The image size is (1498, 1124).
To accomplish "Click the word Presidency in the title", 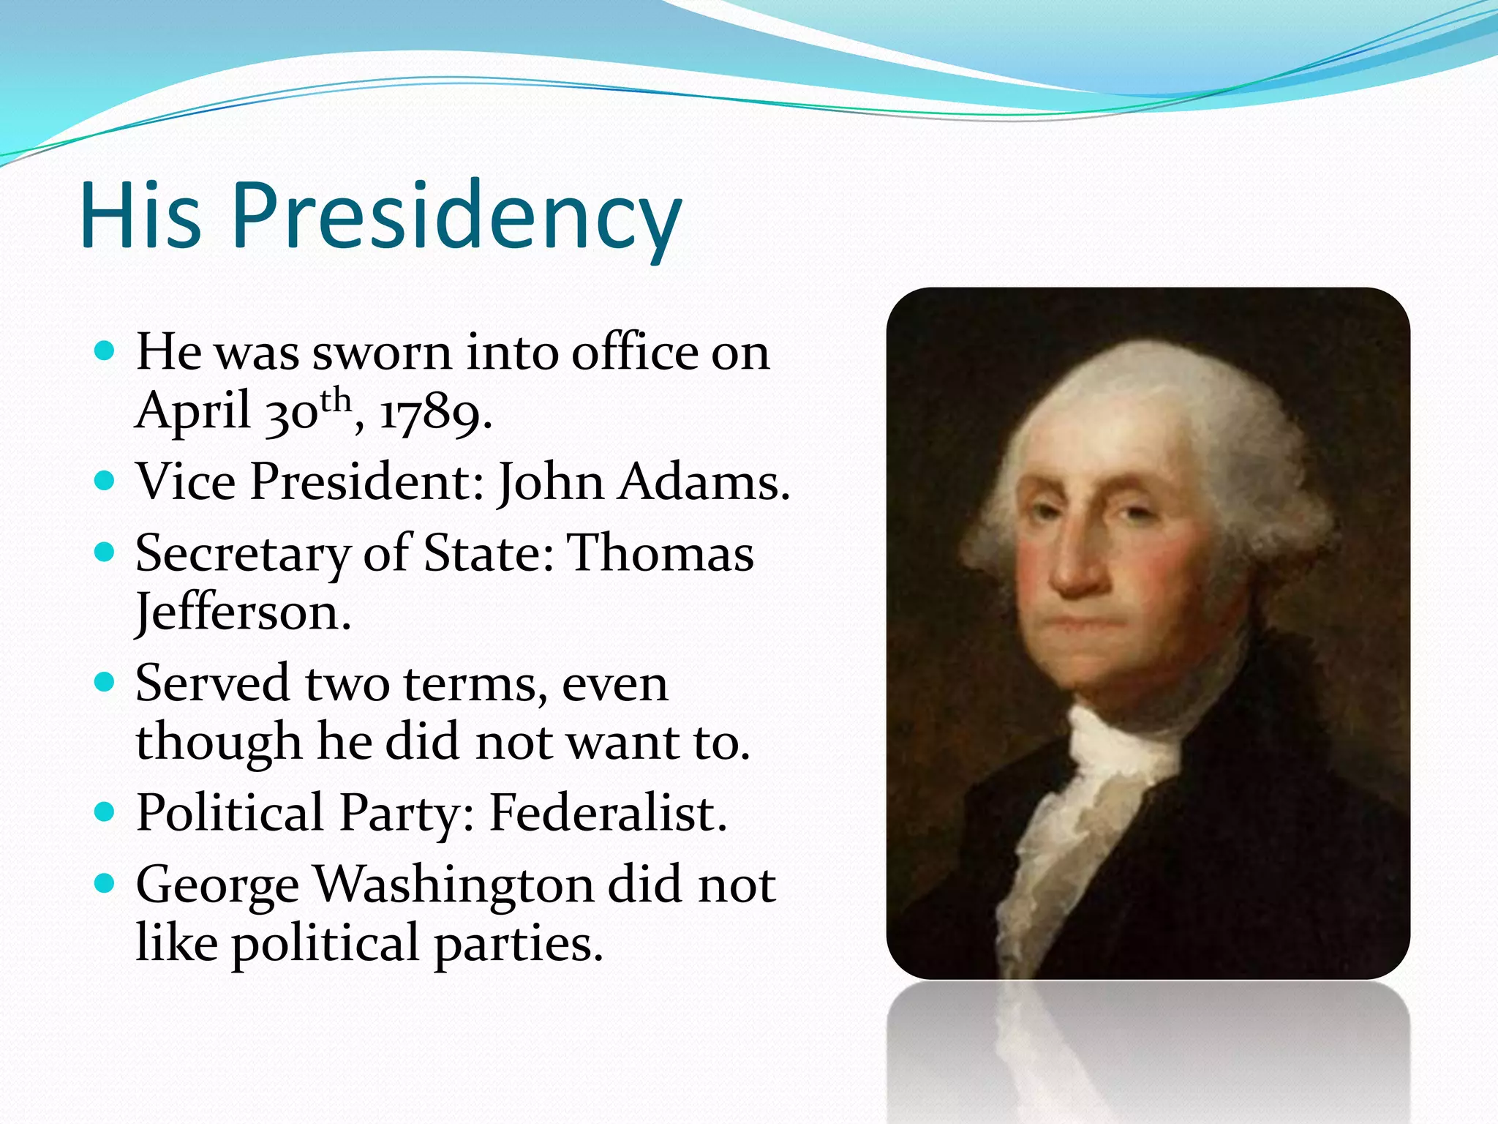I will tap(456, 217).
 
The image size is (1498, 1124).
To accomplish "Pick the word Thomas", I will tap(661, 553).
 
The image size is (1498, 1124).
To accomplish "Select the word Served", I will tap(212, 683).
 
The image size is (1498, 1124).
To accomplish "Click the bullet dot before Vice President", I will tap(105, 481).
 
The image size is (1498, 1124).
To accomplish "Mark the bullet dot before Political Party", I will tap(105, 812).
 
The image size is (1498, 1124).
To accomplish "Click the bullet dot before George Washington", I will tap(105, 883).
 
